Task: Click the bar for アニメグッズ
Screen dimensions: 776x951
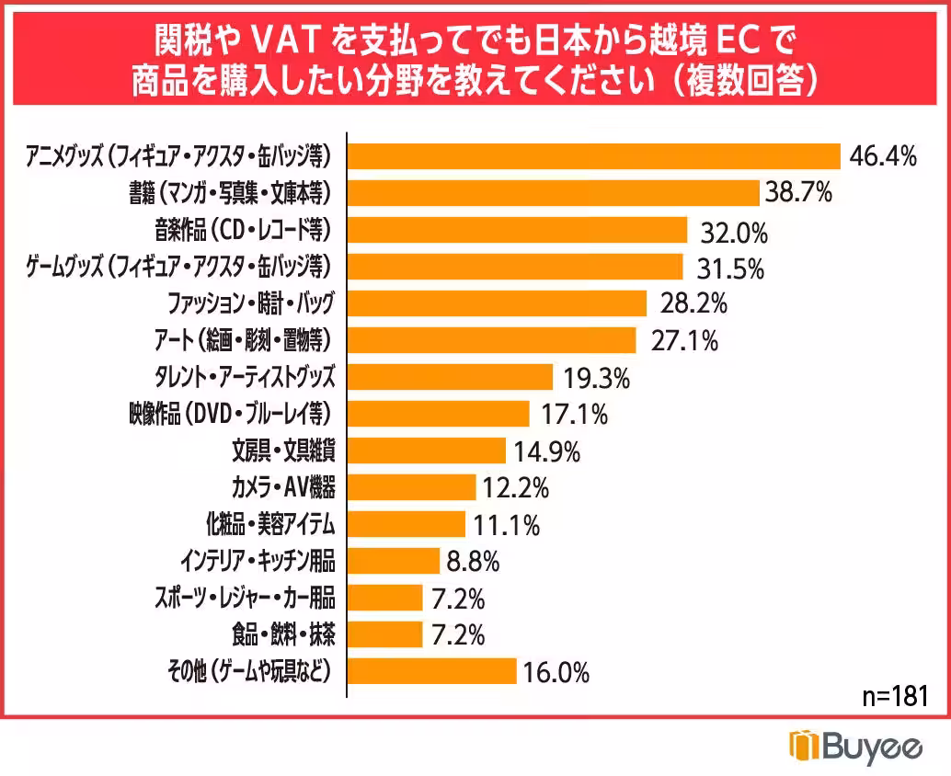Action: tap(593, 156)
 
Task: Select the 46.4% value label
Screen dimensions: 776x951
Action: tap(883, 156)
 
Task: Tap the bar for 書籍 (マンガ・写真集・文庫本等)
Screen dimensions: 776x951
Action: tap(552, 193)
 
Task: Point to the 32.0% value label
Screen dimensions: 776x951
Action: tap(733, 232)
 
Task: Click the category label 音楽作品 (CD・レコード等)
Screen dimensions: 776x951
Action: tap(242, 230)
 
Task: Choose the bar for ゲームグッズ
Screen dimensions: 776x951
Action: tap(514, 267)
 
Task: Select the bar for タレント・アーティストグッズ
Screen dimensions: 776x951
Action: tap(449, 377)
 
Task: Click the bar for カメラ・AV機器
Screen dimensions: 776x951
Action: tap(411, 487)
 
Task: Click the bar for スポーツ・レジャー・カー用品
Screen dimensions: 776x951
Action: tap(384, 598)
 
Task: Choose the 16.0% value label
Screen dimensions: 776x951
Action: tap(556, 673)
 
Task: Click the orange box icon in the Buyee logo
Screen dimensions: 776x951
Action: tap(803, 747)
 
